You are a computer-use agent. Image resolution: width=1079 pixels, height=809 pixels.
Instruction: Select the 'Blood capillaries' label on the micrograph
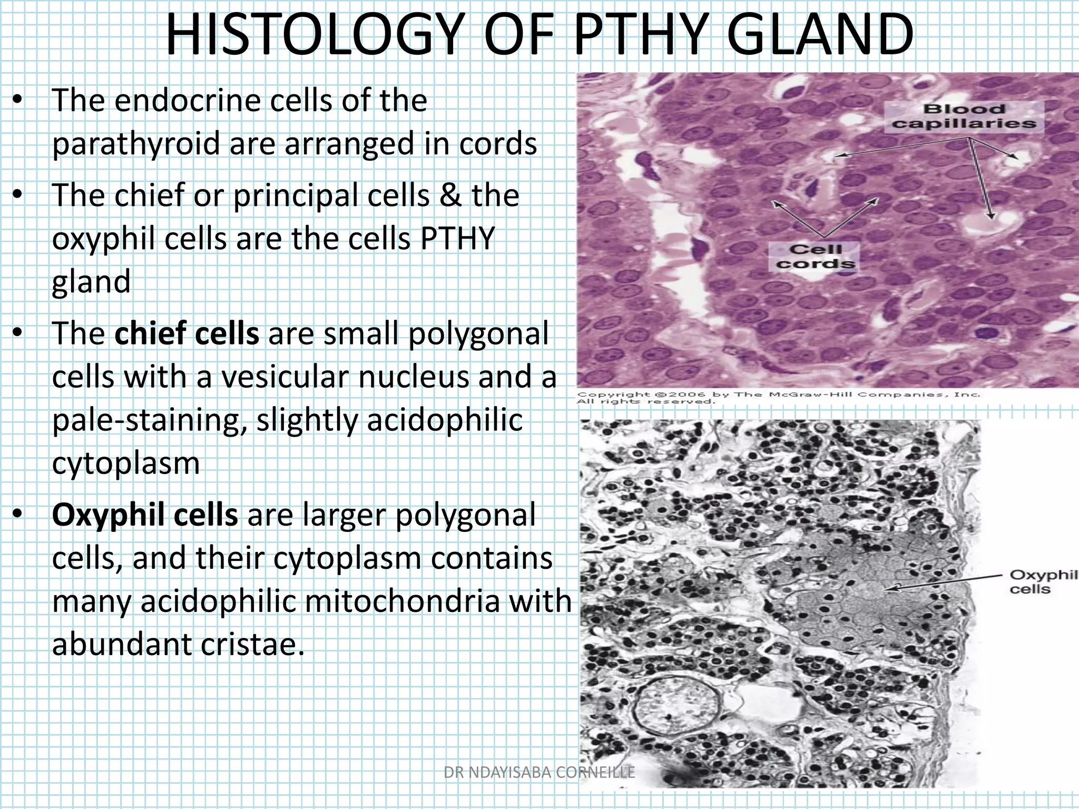[x=964, y=116]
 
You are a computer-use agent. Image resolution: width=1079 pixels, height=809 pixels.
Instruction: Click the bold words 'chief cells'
[x=187, y=333]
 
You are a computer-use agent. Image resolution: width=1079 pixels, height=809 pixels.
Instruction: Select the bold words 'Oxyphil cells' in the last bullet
[x=144, y=515]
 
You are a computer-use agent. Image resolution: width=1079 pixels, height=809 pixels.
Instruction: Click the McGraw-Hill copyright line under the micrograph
[x=778, y=397]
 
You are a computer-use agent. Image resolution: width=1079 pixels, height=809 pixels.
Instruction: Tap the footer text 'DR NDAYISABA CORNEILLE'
[x=539, y=772]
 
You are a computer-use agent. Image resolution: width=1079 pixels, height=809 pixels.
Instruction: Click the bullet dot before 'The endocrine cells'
[x=18, y=101]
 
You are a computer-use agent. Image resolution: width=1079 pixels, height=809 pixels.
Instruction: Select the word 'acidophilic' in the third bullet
[x=444, y=420]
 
